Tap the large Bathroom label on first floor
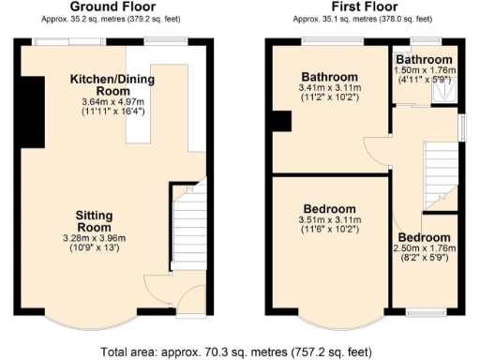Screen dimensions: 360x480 (x=329, y=77)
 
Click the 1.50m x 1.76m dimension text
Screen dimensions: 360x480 (x=427, y=70)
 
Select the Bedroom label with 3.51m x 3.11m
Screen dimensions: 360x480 (x=329, y=208)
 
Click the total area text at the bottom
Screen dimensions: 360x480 (x=240, y=352)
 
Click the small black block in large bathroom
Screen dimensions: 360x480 (x=278, y=122)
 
